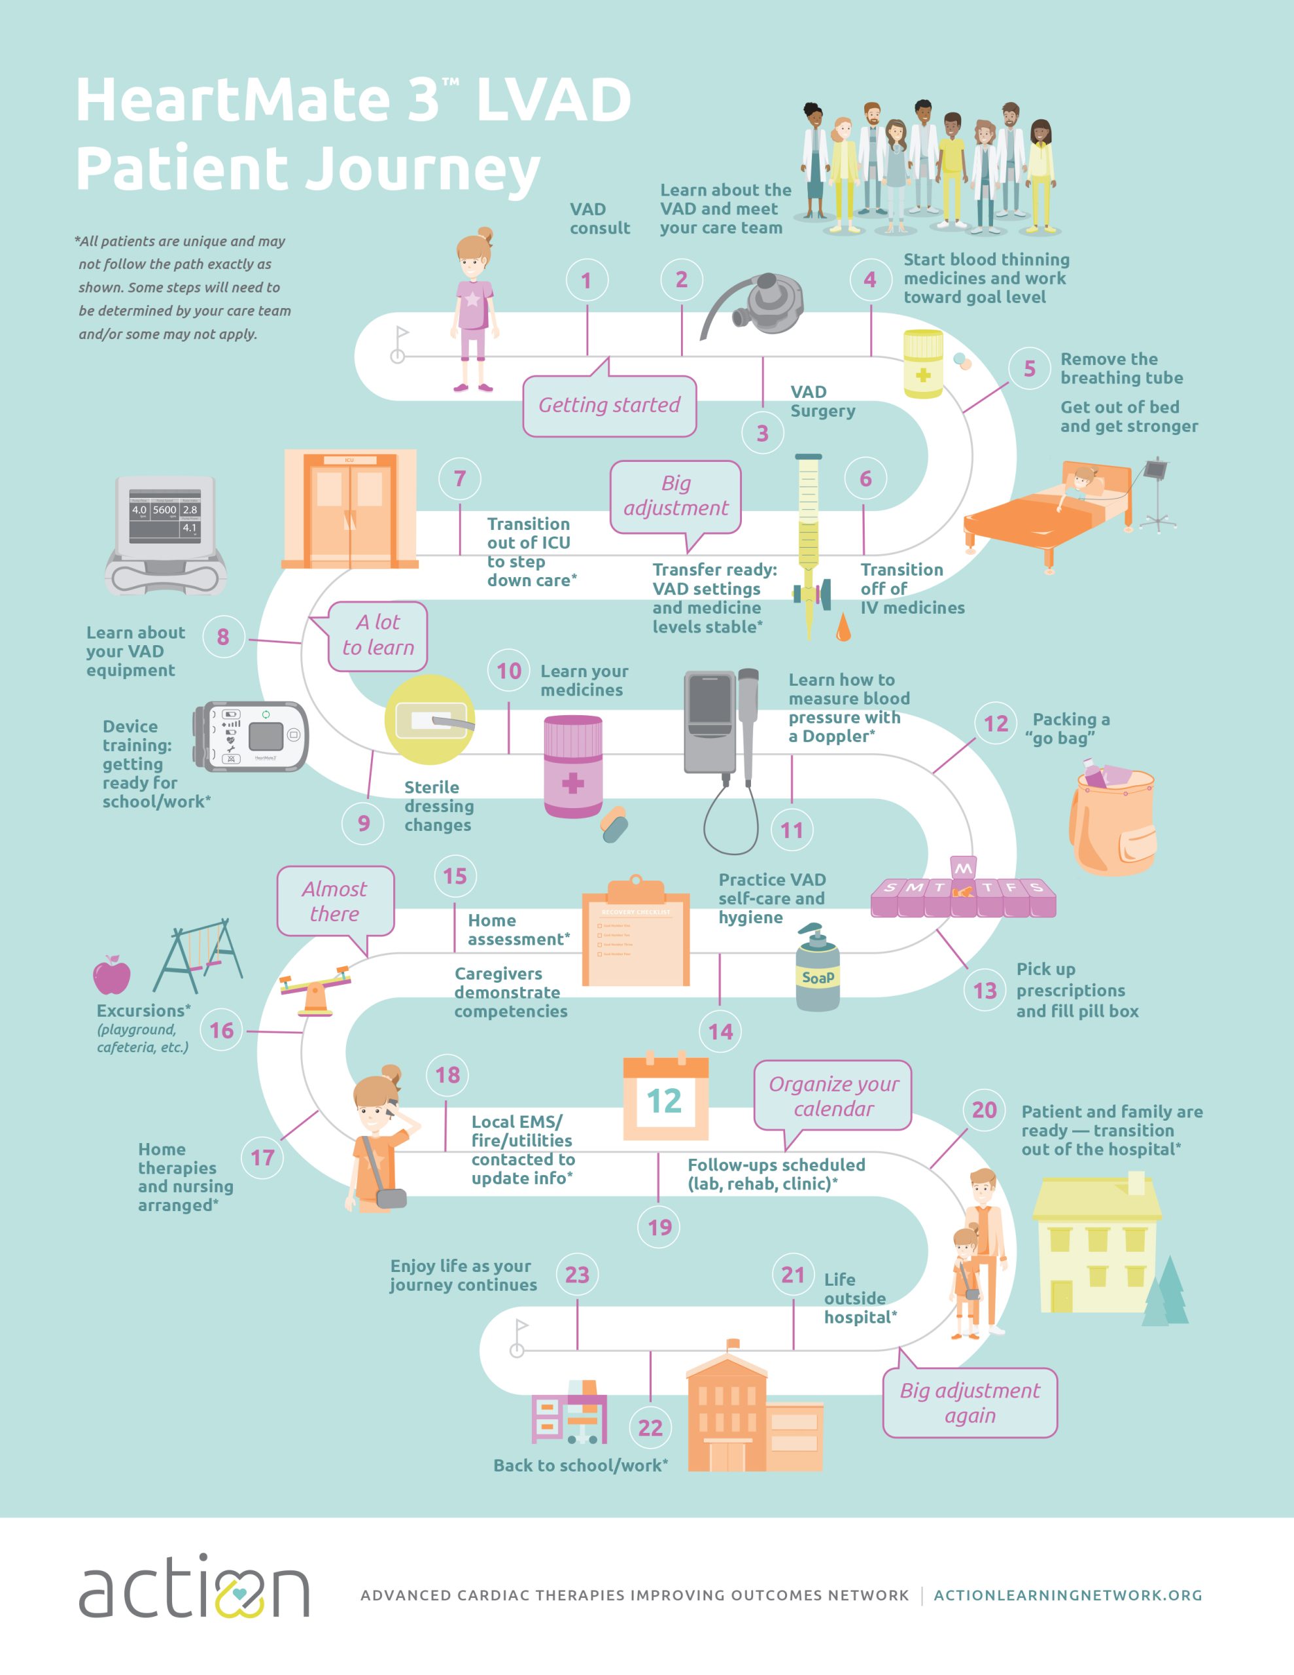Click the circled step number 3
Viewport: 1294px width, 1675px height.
tap(762, 433)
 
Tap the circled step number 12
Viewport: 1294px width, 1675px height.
tap(996, 723)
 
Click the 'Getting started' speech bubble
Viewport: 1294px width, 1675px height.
tap(609, 405)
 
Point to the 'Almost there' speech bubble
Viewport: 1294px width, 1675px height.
tap(335, 901)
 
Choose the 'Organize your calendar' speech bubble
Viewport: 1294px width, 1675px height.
tap(833, 1096)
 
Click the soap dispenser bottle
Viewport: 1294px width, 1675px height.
tap(818, 970)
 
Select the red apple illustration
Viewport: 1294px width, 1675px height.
tap(112, 976)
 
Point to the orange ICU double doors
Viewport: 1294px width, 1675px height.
tap(351, 509)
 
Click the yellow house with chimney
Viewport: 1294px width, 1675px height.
tap(1097, 1246)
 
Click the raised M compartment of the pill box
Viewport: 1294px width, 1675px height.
tap(962, 868)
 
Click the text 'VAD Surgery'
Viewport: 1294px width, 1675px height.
tap(822, 401)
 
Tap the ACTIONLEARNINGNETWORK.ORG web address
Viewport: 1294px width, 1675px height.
tap(1068, 1595)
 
